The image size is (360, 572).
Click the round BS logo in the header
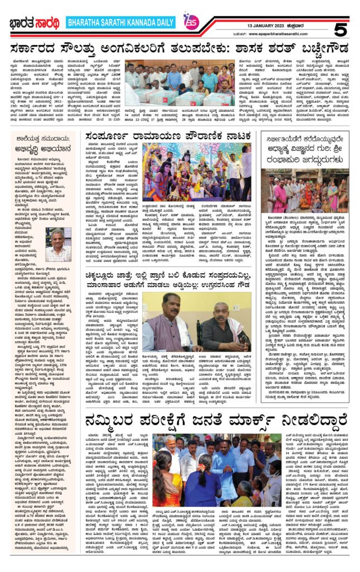pyautogui.click(x=191, y=21)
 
